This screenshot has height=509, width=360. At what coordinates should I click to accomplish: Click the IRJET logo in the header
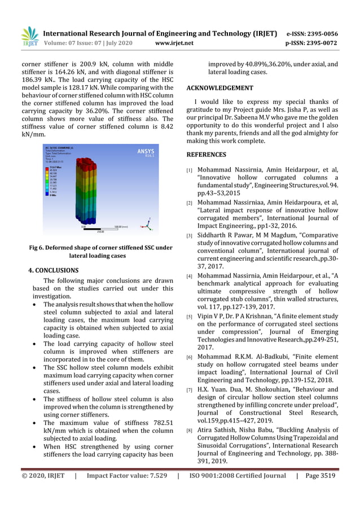pos(29,36)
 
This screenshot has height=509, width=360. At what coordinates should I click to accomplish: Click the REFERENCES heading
pos(206,154)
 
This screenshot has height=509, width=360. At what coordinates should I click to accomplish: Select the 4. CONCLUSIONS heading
pos(53,270)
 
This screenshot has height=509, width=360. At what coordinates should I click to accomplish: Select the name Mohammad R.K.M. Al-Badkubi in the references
pos(242,357)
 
